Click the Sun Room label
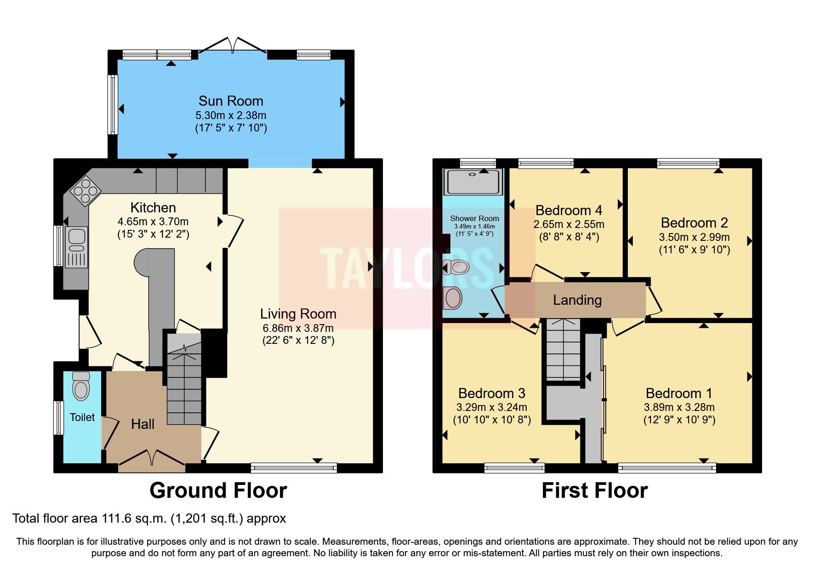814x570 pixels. [x=231, y=101]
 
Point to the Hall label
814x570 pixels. [x=142, y=424]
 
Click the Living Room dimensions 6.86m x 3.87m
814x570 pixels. [x=298, y=328]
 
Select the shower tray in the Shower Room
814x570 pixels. [x=473, y=182]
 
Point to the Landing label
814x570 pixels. [x=577, y=300]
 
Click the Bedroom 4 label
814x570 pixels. [x=569, y=211]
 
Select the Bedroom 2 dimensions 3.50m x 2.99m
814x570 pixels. [x=694, y=237]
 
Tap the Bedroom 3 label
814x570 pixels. [x=491, y=393]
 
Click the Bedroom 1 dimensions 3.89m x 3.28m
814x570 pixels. [x=679, y=407]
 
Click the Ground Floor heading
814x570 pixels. [x=218, y=490]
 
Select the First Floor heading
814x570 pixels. [x=594, y=490]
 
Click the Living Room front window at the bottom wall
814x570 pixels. [x=294, y=468]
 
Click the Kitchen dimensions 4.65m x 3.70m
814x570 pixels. [x=153, y=221]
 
